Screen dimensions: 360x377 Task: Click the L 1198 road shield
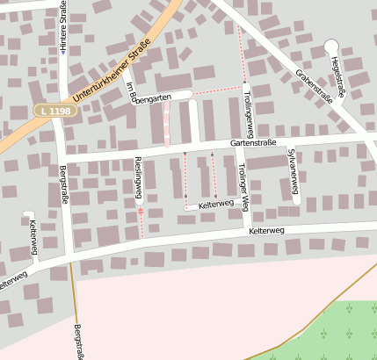tap(54, 110)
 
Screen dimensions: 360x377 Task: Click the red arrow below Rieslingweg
tap(140, 211)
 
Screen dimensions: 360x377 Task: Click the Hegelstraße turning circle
tap(331, 46)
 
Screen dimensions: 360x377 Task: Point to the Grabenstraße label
tap(314, 86)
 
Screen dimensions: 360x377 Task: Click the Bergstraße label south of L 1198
tap(63, 186)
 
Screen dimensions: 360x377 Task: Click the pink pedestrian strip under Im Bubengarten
tap(166, 124)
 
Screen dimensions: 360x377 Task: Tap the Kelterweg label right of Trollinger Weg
tap(266, 230)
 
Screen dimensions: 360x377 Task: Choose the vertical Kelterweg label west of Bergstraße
tap(33, 237)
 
